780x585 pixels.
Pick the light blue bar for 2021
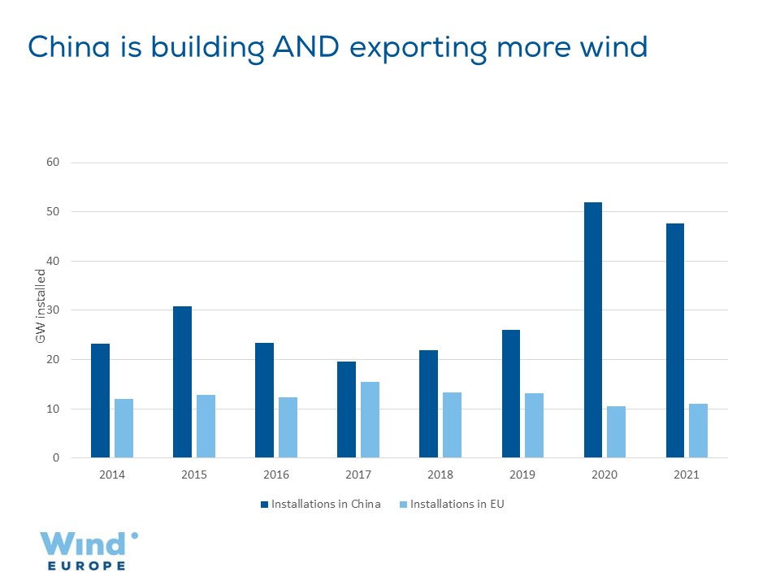pyautogui.click(x=698, y=431)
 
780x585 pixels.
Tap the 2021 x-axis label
pyautogui.click(x=687, y=475)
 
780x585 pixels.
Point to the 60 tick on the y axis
pyautogui.click(x=54, y=162)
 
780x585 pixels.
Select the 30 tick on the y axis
pyautogui.click(x=54, y=310)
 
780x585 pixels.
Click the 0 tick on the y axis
pyautogui.click(x=56, y=458)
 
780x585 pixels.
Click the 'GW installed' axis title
pyautogui.click(x=40, y=310)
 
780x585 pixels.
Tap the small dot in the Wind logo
pyautogui.click(x=134, y=535)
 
